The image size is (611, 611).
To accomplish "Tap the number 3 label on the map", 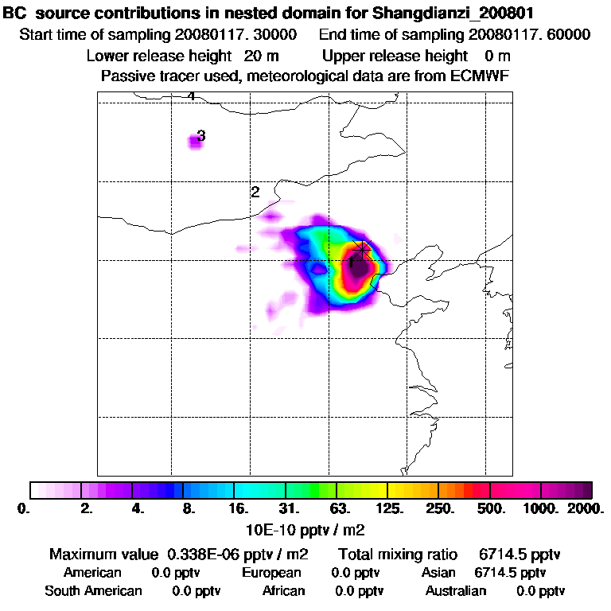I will click(201, 136).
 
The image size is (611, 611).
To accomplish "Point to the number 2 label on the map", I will click(255, 192).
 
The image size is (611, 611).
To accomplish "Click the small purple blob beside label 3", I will click(195, 142).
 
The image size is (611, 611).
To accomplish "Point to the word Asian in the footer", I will click(438, 573).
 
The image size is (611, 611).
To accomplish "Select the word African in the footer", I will click(284, 591).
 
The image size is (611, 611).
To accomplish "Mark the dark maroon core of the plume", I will click(359, 267).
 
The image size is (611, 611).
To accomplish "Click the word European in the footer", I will click(271, 573).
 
